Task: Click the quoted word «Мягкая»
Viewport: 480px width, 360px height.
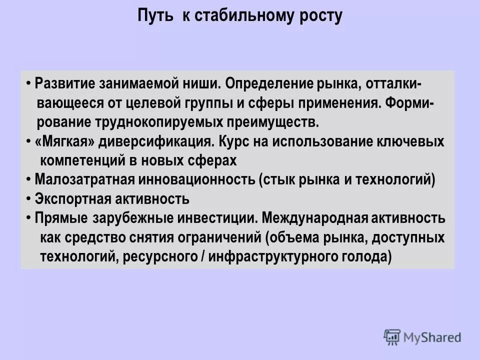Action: click(x=65, y=141)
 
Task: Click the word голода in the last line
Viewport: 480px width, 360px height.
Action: click(x=367, y=256)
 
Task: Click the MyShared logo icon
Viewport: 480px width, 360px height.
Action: click(x=392, y=337)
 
